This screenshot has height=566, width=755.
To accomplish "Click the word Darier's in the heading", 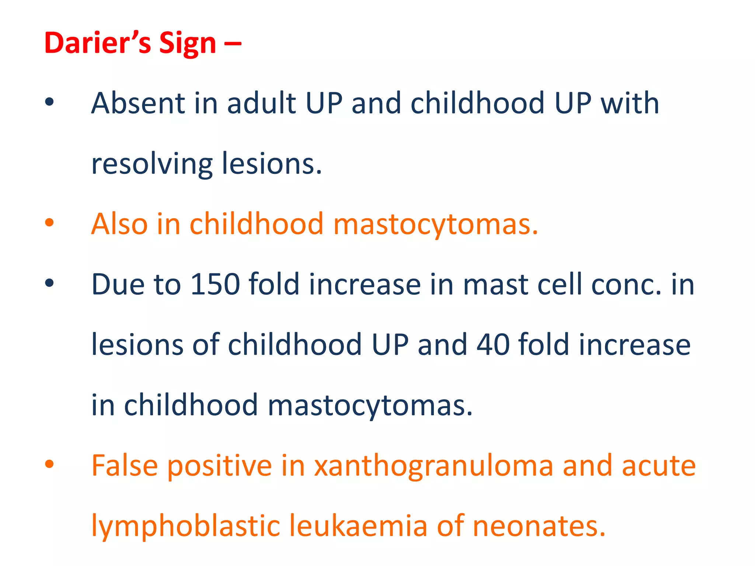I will [97, 43].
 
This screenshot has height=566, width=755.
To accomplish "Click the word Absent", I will [138, 103].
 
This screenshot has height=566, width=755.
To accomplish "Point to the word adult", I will [262, 103].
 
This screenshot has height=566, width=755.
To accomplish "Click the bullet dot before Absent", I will [49, 102].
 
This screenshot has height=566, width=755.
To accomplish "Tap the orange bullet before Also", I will [49, 223].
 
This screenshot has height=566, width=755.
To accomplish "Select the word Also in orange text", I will [119, 224].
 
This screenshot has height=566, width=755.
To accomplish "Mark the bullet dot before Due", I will [49, 283].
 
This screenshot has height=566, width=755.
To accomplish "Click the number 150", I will [215, 284].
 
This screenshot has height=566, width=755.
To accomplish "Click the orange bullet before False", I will [49, 464].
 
